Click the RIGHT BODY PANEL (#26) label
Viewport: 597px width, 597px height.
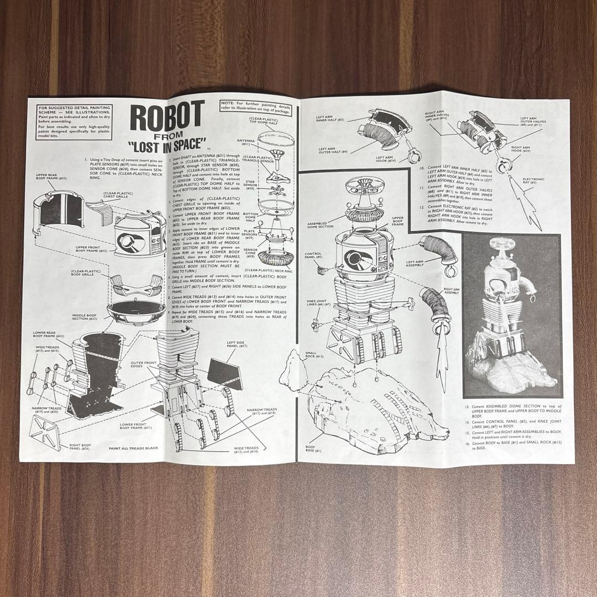click(x=77, y=447)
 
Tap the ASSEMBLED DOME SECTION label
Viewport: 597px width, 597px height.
click(x=321, y=225)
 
